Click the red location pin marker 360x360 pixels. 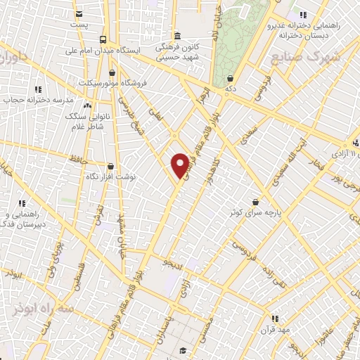(180, 165)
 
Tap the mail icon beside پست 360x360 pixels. (79, 14)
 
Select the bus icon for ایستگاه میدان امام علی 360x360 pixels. (103, 39)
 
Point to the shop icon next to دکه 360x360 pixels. (231, 79)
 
